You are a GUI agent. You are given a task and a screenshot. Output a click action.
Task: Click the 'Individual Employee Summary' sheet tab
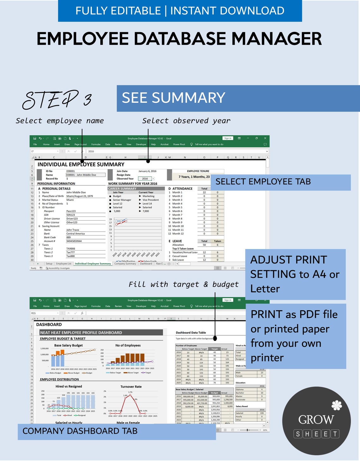tap(93, 264)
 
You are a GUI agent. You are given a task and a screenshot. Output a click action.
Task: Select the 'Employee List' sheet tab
tap(63, 264)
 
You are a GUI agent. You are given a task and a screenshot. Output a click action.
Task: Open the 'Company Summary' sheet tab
tap(125, 264)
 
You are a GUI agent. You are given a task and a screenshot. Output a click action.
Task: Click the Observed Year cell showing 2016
tap(145, 179)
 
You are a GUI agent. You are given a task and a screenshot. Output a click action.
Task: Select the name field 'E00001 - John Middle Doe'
tap(85, 175)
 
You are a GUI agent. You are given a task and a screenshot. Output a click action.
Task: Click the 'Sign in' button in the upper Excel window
tap(228, 138)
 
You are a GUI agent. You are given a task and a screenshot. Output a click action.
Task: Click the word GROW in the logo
tap(316, 419)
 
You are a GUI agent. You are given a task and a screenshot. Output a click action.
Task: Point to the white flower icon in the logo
tap(337, 405)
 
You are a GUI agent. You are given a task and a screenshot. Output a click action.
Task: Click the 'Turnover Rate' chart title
tap(131, 386)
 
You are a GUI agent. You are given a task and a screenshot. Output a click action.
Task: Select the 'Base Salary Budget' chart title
tap(69, 345)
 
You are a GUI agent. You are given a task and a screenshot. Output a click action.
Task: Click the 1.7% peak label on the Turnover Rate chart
tap(130, 392)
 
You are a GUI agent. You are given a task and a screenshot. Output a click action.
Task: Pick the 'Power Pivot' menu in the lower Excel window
tap(179, 306)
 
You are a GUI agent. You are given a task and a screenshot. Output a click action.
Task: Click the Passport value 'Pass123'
tap(71, 211)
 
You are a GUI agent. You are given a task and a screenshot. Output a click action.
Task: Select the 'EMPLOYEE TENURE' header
tap(198, 171)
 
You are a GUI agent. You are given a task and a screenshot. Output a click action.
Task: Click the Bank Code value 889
tap(69, 237)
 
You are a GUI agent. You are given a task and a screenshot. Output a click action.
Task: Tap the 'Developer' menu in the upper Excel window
tap(141, 144)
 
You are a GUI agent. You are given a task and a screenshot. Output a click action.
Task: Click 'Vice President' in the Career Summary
tap(151, 200)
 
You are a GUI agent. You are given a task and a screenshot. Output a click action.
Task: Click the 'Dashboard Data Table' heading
tap(191, 332)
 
